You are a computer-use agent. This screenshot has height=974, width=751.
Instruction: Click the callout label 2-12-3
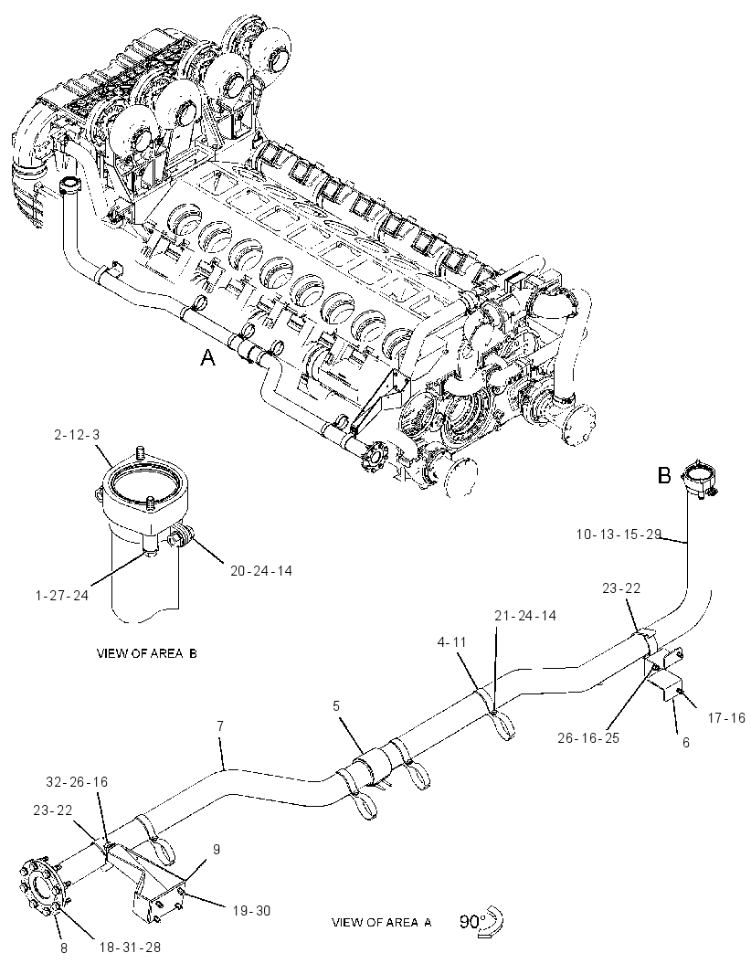pos(77,435)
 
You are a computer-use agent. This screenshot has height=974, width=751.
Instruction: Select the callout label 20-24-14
pos(261,570)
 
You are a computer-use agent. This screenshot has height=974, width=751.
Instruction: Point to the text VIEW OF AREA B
pos(146,653)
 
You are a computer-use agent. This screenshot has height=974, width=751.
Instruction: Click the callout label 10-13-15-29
pos(619,535)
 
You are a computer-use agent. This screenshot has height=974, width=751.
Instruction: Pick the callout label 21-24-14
pos(525,615)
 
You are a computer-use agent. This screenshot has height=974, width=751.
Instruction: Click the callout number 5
pos(336,705)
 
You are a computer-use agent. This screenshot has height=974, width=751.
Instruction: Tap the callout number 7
pos(220,725)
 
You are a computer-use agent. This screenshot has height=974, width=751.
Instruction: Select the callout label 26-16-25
pos(589,738)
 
